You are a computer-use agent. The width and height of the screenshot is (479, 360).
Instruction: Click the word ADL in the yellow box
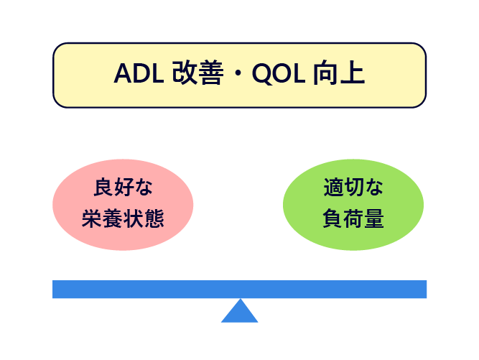139,73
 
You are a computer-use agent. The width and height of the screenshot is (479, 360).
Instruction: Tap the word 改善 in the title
197,73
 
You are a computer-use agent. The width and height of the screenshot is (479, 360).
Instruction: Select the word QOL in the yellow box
279,73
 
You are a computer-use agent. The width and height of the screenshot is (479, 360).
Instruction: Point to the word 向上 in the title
339,73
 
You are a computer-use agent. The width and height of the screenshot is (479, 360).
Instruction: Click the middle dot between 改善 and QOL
238,73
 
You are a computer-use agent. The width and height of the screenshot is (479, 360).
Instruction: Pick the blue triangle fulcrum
240,310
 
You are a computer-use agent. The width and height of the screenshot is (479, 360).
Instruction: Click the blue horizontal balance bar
240,289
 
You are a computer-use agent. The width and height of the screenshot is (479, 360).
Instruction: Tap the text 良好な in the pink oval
123,187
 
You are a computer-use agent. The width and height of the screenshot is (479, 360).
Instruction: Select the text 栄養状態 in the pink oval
123,218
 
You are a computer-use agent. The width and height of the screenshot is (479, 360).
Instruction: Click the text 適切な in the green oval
353,187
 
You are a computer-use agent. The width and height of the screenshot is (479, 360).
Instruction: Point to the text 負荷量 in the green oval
353,218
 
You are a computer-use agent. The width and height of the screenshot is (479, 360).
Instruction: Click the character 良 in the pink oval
103,187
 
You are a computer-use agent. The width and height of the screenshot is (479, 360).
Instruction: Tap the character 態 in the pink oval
154,218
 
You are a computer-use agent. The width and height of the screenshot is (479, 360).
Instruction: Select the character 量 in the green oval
374,218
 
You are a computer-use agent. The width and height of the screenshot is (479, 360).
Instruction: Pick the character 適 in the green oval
333,187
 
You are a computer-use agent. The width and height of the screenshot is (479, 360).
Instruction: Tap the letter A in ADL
123,73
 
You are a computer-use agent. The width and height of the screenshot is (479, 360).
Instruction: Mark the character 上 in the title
353,73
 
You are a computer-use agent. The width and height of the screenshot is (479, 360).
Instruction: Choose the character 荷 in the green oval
353,218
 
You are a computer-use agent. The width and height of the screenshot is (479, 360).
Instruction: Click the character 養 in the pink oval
113,218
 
